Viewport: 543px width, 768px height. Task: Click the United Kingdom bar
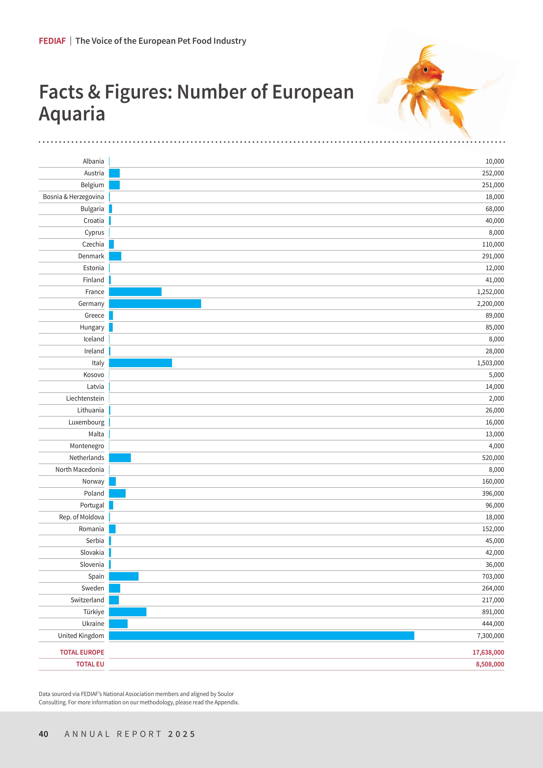coord(262,636)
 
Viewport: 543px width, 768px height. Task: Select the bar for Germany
coord(155,303)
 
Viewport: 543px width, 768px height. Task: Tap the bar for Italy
coord(141,363)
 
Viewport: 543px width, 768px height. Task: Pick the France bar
coord(135,292)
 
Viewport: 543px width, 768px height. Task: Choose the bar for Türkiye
coord(127,612)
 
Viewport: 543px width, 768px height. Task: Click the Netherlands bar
coord(120,458)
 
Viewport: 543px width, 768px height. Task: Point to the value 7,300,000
coord(490,636)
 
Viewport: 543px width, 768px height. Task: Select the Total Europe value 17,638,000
coord(488,652)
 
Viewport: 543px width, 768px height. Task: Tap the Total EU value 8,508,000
coord(490,664)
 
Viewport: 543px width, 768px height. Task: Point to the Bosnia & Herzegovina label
coord(73,197)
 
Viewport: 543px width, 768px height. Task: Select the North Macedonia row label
coord(80,470)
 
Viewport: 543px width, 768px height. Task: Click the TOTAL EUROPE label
coord(82,652)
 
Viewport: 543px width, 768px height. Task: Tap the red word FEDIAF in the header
coord(52,41)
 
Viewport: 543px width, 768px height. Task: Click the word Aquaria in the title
coord(72,114)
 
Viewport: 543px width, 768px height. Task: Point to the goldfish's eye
coord(426,70)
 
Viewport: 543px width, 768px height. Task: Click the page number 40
coord(44,734)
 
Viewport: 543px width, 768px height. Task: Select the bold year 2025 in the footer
coord(182,734)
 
